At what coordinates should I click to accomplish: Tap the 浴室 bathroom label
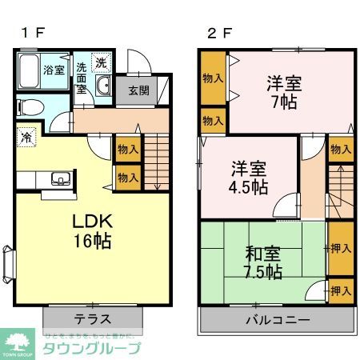(x=54, y=70)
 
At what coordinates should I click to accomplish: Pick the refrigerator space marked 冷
(x=26, y=138)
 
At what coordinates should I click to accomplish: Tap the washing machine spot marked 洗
(x=102, y=62)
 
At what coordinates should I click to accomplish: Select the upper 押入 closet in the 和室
(x=341, y=248)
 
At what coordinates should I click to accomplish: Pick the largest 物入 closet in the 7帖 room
(x=213, y=78)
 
